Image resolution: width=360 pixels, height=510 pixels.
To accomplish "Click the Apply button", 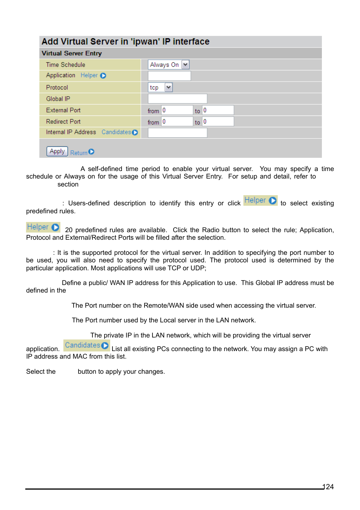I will pyautogui.click(x=57, y=151).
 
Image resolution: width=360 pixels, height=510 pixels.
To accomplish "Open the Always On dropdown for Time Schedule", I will pyautogui.click(x=169, y=65).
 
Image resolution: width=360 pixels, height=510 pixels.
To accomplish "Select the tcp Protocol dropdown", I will pyautogui.click(x=160, y=88).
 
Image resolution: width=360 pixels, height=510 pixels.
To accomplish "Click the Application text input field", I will pyautogui.click(x=169, y=76).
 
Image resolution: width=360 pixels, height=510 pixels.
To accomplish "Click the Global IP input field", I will pyautogui.click(x=177, y=99).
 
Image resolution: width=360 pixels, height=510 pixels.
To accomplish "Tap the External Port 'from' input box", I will pyautogui.click(x=177, y=110).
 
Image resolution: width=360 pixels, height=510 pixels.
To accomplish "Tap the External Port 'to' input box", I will pyautogui.click(x=218, y=110).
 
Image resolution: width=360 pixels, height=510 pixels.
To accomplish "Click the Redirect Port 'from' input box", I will pyautogui.click(x=177, y=122).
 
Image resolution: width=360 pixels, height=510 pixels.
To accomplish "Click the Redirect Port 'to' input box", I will pyautogui.click(x=218, y=122).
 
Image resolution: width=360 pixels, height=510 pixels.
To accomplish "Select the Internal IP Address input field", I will pyautogui.click(x=177, y=133).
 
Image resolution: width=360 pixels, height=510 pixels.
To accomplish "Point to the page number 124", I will pyautogui.click(x=329, y=487).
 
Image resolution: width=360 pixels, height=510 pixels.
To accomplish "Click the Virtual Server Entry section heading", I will pyautogui.click(x=72, y=53).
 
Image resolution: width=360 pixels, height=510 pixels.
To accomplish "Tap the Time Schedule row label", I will pyautogui.click(x=66, y=65).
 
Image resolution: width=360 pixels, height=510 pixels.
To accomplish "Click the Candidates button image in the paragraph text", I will pyautogui.click(x=86, y=345).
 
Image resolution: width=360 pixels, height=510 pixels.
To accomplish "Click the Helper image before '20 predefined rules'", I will pyautogui.click(x=43, y=227).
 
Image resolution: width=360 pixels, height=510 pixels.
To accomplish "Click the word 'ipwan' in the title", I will pyautogui.click(x=145, y=42).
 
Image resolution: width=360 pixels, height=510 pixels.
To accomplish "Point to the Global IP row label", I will pyautogui.click(x=58, y=99).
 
